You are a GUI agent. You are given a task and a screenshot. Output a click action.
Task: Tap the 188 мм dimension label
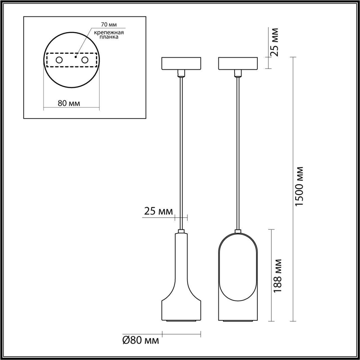point(278,276)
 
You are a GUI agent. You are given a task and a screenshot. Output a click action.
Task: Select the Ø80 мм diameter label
point(141,340)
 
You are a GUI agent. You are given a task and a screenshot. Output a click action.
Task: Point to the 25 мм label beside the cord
point(158,211)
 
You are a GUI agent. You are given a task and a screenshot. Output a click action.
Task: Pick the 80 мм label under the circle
point(69,103)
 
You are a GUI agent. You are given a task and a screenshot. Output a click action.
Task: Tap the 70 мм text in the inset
point(109,25)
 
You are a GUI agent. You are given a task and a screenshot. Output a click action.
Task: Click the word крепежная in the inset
point(109,32)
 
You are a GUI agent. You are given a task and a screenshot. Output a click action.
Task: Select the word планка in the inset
point(109,37)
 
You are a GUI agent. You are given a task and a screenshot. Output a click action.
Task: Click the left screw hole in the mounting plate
point(59,60)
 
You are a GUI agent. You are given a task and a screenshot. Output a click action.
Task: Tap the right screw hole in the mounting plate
point(84,60)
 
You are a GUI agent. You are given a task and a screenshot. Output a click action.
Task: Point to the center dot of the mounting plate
point(75,57)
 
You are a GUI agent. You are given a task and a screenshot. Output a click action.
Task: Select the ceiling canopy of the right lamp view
point(238,63)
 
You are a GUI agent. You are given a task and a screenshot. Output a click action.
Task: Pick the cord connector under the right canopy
point(238,74)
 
